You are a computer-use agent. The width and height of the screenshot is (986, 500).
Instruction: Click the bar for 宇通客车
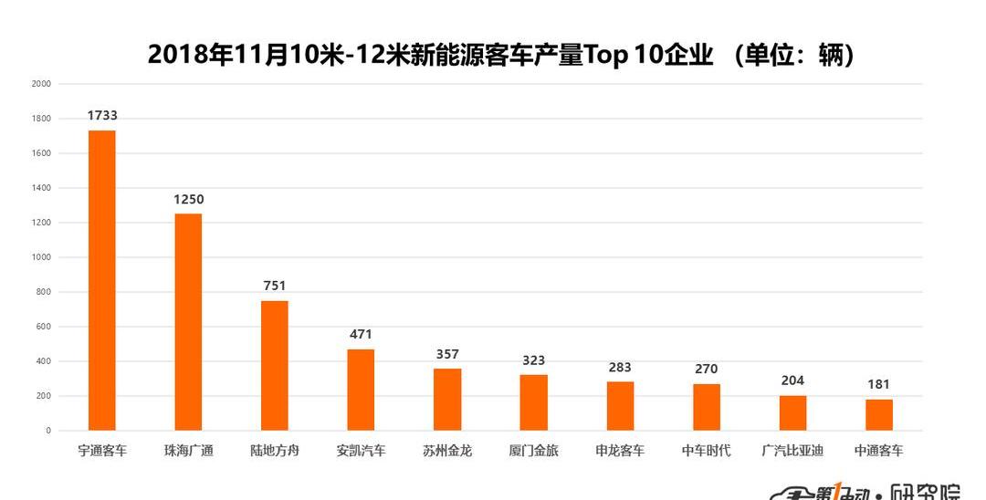point(101,280)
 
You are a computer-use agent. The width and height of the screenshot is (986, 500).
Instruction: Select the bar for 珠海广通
point(188,322)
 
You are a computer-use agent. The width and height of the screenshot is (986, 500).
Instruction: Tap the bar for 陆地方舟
point(275,365)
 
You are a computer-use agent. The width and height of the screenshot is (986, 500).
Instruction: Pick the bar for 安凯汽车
point(361,390)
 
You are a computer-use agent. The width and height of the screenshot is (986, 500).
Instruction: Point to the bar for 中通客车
point(879,415)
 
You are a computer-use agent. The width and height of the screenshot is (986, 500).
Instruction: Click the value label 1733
point(102,116)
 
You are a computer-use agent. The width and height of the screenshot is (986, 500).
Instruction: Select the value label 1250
point(189,200)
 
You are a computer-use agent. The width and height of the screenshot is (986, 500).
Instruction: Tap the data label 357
point(447,354)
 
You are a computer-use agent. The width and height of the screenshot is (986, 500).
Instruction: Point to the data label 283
point(620,368)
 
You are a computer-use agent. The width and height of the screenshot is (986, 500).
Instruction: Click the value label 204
point(792,380)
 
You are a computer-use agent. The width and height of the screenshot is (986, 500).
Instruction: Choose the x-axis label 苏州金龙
point(447,451)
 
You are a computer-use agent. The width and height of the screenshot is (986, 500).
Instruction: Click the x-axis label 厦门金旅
point(533,451)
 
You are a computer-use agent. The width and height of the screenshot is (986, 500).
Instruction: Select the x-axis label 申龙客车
point(620,451)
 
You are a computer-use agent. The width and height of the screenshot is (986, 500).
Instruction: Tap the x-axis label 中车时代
point(706,451)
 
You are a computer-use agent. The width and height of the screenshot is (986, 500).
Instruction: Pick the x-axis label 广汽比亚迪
point(792,451)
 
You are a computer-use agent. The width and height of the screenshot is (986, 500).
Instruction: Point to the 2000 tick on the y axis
point(41,84)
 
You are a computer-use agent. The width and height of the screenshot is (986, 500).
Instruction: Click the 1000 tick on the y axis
point(41,257)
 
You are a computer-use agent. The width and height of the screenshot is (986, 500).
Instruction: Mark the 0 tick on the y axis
point(48,431)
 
